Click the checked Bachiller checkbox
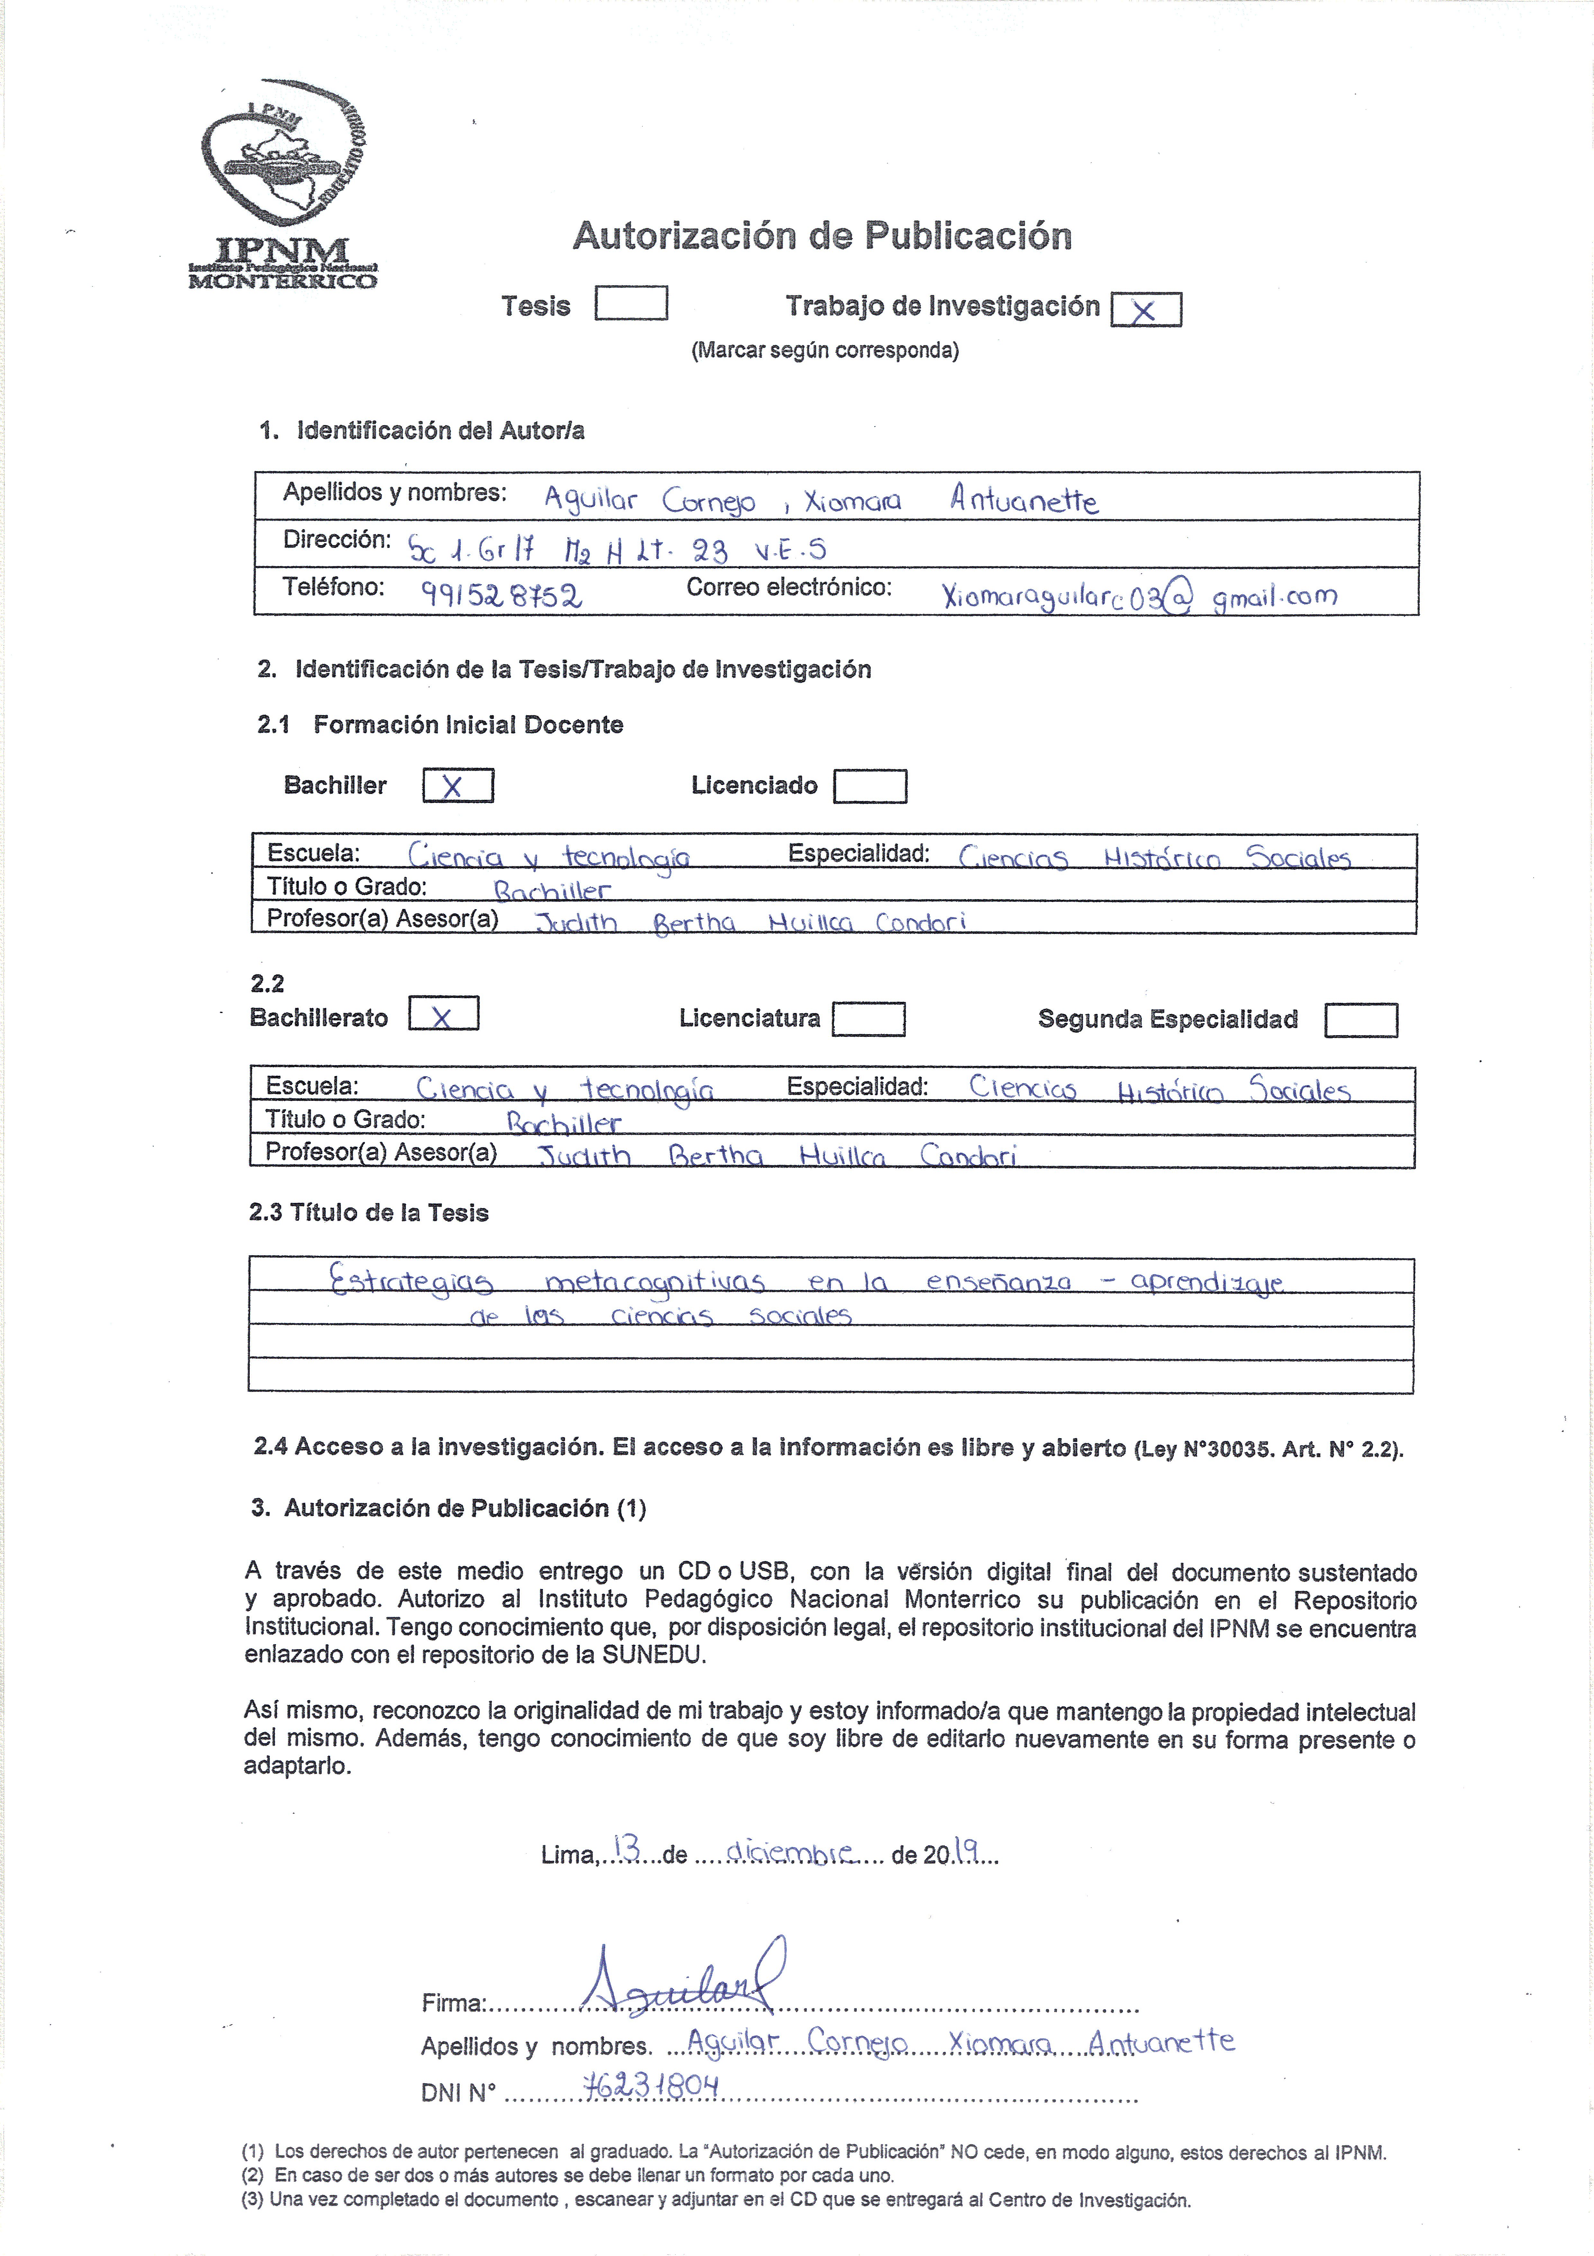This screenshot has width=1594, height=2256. [458, 786]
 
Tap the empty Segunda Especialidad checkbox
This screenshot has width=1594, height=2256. [1360, 1020]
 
